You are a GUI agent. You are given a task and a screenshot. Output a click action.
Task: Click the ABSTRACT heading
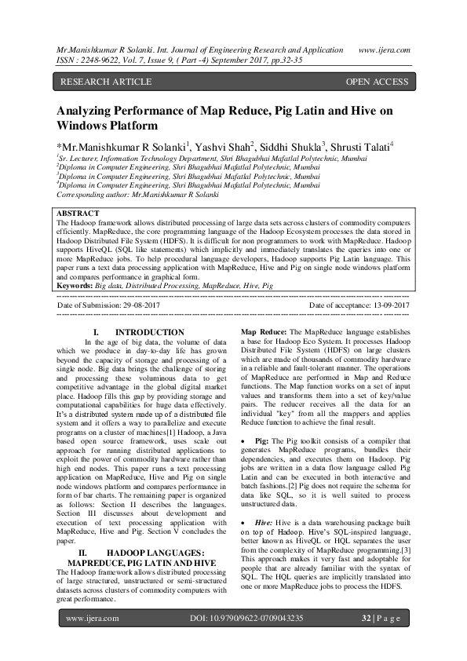(78, 213)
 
